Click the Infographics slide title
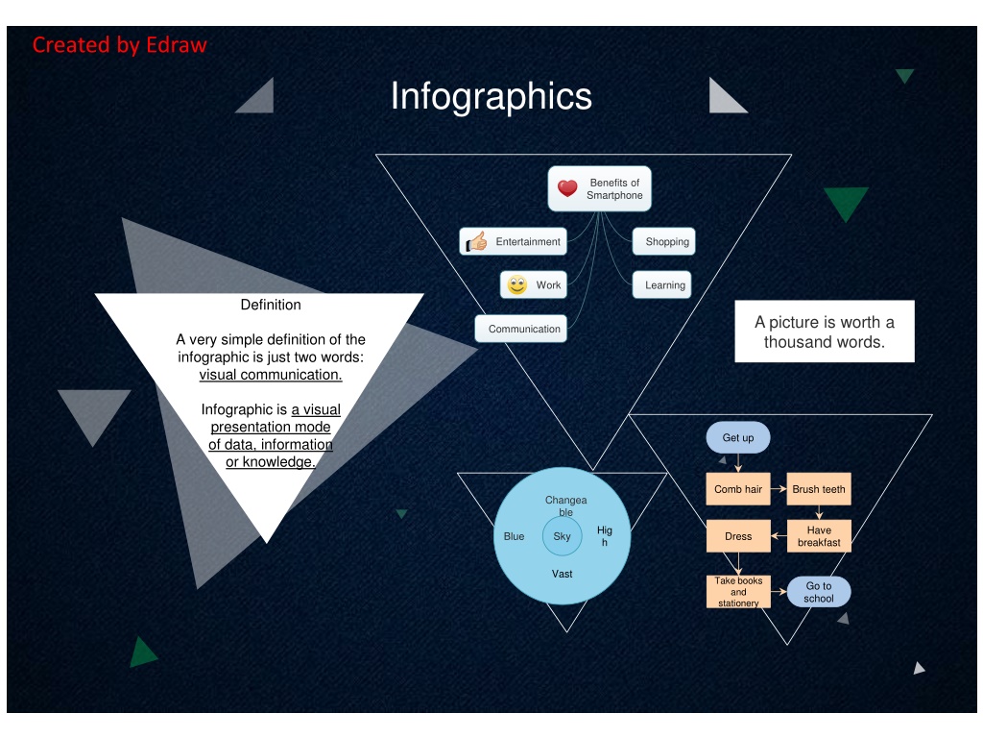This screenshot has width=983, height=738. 491,97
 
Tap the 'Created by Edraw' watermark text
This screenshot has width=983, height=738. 119,45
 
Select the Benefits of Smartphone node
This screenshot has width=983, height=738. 600,189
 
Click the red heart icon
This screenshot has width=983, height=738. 567,188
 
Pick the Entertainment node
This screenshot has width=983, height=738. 514,242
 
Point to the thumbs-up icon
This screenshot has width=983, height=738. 476,242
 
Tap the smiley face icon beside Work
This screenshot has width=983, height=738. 517,285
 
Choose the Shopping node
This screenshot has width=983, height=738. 663,242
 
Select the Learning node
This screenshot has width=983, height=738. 662,285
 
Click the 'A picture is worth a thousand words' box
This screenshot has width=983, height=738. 824,332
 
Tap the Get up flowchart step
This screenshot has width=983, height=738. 738,438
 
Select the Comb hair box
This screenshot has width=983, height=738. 738,489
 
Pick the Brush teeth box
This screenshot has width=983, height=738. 819,489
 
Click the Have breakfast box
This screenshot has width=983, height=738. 819,536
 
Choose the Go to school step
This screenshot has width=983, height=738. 819,592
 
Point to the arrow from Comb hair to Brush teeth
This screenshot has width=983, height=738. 779,489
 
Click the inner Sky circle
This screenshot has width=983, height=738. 563,536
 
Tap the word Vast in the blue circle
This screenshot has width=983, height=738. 563,574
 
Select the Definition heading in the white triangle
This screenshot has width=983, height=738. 271,305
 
